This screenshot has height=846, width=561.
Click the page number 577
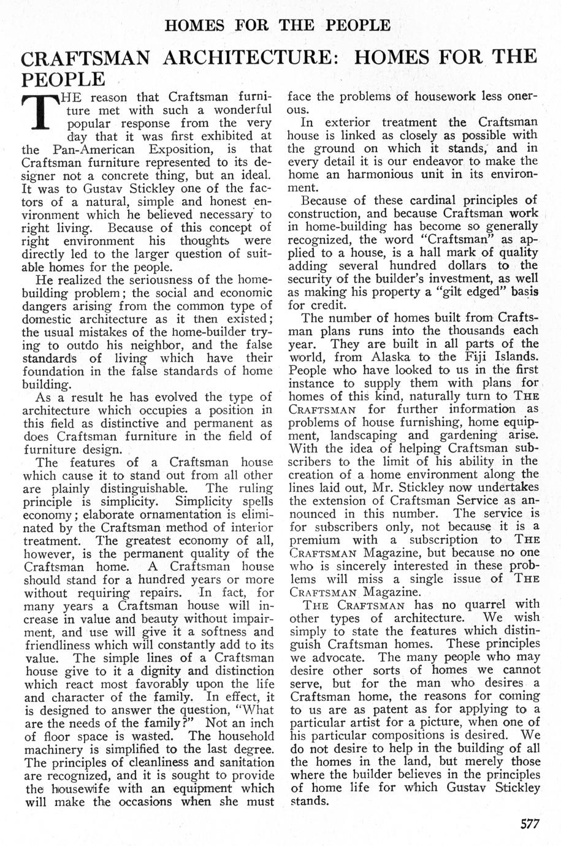[x=525, y=824]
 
